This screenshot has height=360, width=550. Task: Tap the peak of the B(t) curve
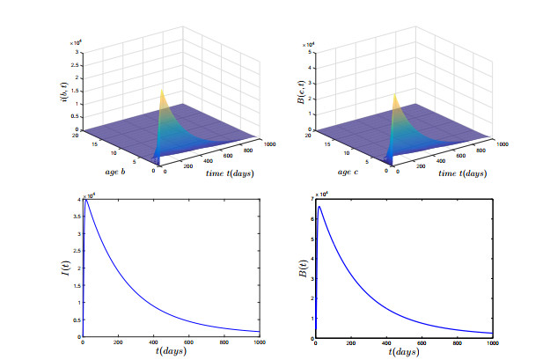pyautogui.click(x=320, y=207)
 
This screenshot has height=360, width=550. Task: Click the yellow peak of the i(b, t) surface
pyautogui.click(x=161, y=91)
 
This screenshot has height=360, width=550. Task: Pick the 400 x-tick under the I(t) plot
pyautogui.click(x=155, y=344)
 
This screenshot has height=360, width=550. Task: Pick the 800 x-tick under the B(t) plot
pyautogui.click(x=457, y=344)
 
